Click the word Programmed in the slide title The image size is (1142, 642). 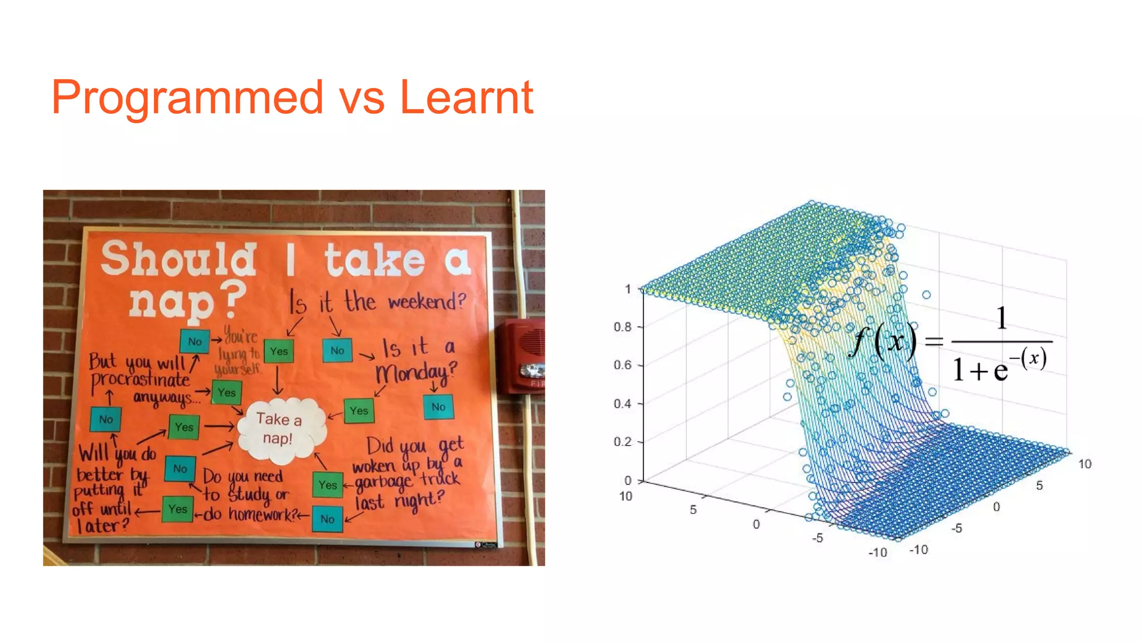(187, 98)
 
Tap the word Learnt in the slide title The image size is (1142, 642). (467, 98)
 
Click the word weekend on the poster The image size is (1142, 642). (427, 301)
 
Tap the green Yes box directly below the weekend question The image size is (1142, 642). (278, 351)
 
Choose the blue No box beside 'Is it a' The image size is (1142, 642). (337, 351)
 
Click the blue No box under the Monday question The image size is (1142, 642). (438, 407)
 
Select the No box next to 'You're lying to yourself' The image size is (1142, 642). (195, 342)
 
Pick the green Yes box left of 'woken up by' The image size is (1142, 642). (327, 485)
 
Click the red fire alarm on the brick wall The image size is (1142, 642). (524, 357)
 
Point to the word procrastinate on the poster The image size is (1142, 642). (141, 380)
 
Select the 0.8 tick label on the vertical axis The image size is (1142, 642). (622, 327)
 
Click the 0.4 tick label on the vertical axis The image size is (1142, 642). (622, 403)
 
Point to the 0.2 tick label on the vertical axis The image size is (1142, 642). (622, 442)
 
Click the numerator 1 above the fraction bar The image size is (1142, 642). (1001, 319)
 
